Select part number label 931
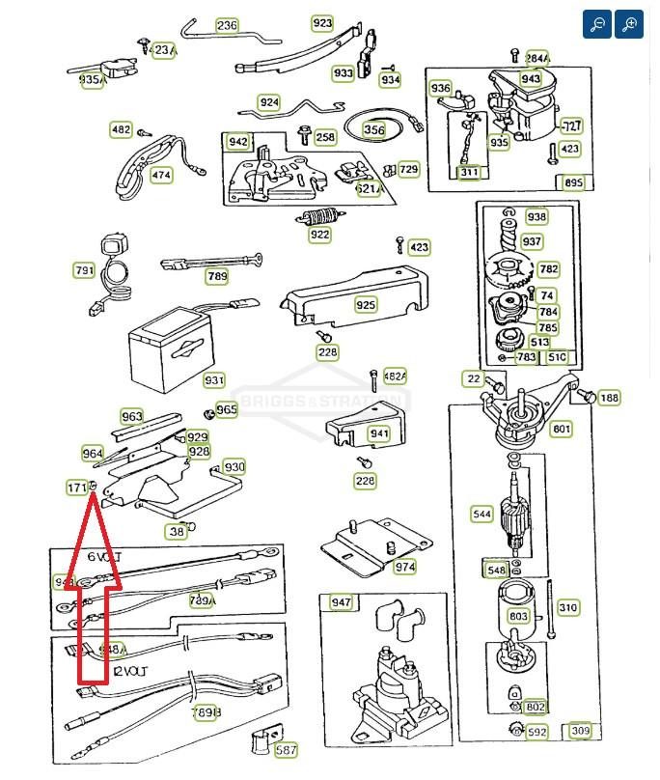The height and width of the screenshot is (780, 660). click(213, 380)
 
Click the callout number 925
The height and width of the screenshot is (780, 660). click(366, 305)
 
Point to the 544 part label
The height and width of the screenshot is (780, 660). click(482, 514)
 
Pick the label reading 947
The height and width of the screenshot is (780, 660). click(342, 602)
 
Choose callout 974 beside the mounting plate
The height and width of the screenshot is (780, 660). click(404, 567)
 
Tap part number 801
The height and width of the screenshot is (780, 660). click(561, 430)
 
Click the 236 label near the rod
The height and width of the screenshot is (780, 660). click(226, 26)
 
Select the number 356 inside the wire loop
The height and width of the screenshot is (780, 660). click(373, 129)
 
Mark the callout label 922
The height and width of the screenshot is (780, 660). click(319, 235)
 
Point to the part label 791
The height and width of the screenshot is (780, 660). click(84, 270)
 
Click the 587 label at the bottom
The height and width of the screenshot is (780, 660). click(286, 750)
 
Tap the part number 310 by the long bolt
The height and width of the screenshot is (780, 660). click(568, 607)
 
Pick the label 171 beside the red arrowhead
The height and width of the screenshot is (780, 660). click(77, 487)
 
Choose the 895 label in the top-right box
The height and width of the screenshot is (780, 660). click(573, 182)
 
